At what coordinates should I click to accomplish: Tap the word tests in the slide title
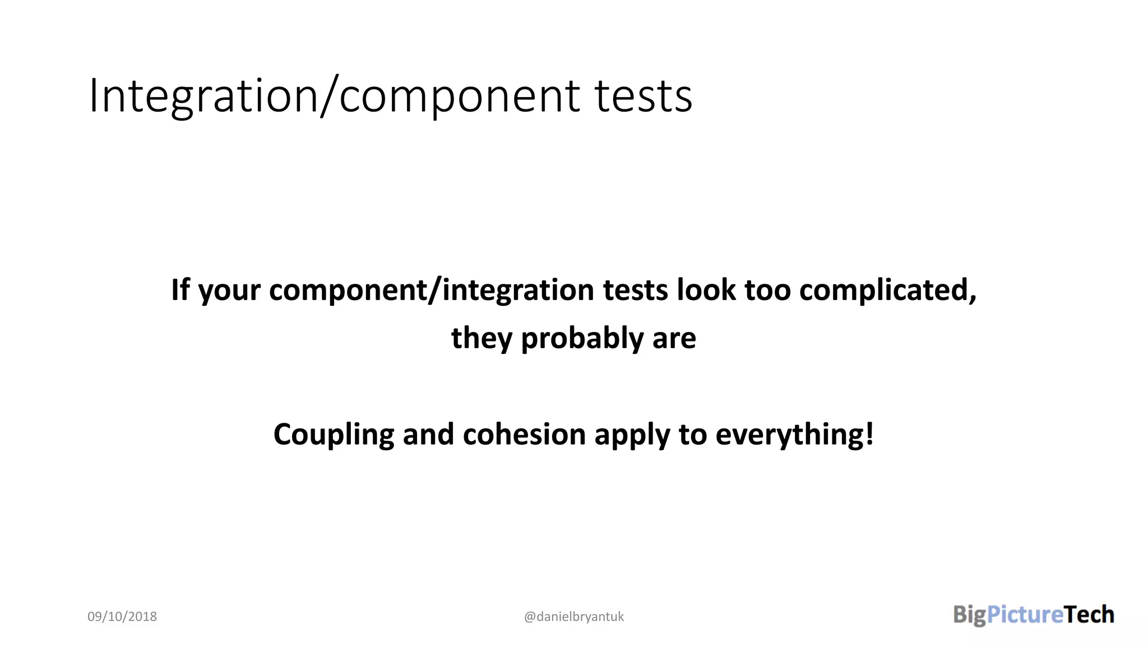[x=643, y=96]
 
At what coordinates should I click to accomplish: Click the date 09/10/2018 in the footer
[x=122, y=616]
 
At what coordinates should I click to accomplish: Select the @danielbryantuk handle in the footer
[x=573, y=616]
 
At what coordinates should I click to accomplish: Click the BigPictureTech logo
[x=1033, y=615]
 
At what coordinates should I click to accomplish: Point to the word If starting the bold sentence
[x=180, y=290]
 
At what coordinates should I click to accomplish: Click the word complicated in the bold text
[x=887, y=290]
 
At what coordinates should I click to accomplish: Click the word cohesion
[x=524, y=435]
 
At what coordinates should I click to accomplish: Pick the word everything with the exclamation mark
[x=794, y=435]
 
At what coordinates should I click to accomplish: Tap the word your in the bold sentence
[x=229, y=291]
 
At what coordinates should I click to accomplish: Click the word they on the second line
[x=482, y=338]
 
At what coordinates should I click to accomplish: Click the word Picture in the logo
[x=1025, y=615]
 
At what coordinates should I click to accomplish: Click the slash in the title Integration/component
[x=328, y=96]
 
